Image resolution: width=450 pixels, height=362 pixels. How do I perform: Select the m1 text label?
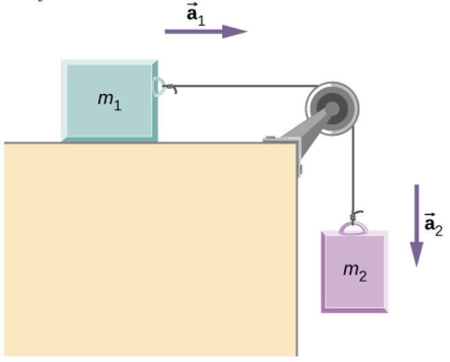pos(109,101)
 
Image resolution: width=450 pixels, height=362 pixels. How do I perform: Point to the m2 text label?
pos(355,269)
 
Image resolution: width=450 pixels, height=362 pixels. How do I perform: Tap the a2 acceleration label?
pos(433,225)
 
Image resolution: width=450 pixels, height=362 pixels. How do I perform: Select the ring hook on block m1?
pos(159,86)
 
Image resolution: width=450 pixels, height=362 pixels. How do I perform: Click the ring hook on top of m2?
pos(353,227)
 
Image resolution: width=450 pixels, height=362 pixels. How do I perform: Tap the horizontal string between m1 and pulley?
pos(244,86)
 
